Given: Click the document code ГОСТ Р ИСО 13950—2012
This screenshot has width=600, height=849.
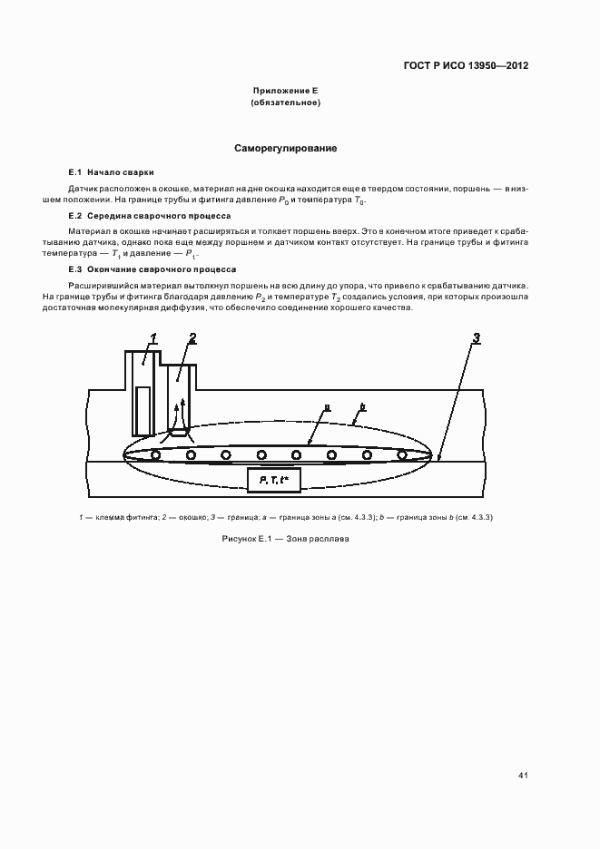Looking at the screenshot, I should (x=466, y=66).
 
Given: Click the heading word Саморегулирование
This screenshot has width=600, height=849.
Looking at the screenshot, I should (x=286, y=147).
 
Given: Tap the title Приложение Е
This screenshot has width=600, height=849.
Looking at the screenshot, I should (x=285, y=92).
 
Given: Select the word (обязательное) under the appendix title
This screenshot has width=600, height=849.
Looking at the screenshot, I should (x=285, y=103).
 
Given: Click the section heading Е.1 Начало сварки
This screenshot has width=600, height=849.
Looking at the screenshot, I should (x=112, y=171).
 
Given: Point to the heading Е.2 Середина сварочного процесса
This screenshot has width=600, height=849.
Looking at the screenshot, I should (x=150, y=217).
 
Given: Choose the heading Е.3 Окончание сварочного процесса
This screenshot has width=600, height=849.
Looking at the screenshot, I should (x=152, y=269).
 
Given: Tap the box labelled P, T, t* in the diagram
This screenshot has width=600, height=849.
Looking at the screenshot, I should (x=273, y=479).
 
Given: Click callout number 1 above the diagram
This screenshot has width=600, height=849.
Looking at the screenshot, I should (x=153, y=338).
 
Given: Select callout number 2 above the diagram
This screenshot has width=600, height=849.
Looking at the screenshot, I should (x=192, y=338).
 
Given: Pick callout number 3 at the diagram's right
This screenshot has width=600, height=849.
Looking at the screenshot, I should (x=476, y=338).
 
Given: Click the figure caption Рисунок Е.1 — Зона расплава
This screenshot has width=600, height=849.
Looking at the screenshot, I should (x=285, y=539).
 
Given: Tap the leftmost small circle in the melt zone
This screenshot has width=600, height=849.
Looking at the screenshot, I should (x=156, y=454).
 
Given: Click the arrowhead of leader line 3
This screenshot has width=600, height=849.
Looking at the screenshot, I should (x=439, y=459).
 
